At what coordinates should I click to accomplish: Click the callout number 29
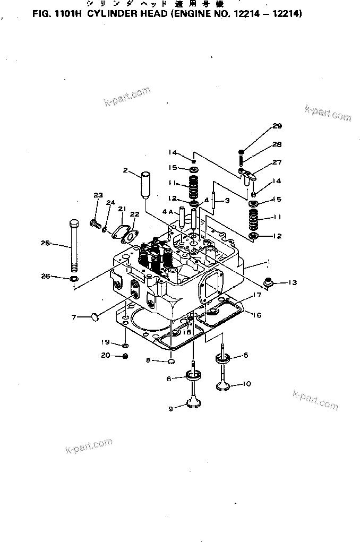coord(277,126)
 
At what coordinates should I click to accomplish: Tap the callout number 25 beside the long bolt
coord(46,243)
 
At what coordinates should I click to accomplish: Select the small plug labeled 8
coord(171,362)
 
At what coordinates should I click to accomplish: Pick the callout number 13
coord(293,282)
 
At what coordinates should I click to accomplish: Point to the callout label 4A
coord(168,211)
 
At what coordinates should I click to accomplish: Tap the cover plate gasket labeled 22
coord(128,235)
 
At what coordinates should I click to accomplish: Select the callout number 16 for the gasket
coord(256,315)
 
